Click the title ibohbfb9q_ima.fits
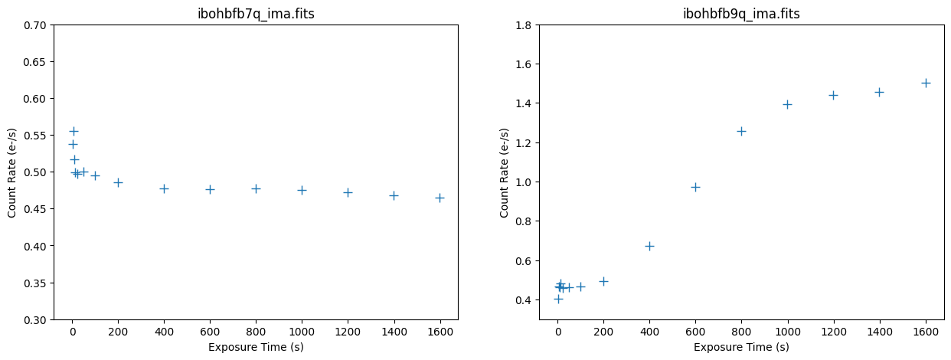(x=741, y=14)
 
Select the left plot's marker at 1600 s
(x=440, y=198)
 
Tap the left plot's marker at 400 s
(x=164, y=188)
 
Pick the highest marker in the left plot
(x=74, y=131)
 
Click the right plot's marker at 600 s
(x=695, y=187)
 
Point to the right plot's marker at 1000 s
(x=787, y=104)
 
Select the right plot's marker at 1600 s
(x=926, y=83)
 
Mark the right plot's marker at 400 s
(x=649, y=246)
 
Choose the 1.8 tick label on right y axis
(x=525, y=25)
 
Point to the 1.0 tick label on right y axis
(x=525, y=182)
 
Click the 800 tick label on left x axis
(x=256, y=332)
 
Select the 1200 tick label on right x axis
(x=833, y=332)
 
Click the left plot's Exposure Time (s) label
(x=256, y=347)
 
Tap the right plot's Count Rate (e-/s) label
(x=505, y=172)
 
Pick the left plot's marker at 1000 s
(x=302, y=190)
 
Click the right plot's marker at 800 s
(x=741, y=131)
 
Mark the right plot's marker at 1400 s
(x=879, y=92)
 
